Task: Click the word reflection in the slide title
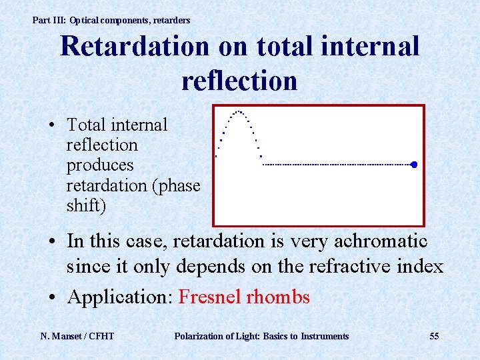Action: click(239, 81)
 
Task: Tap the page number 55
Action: click(434, 336)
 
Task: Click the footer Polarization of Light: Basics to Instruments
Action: click(261, 336)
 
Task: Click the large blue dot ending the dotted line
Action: click(414, 164)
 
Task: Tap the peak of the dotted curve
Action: click(239, 111)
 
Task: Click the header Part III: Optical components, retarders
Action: click(111, 21)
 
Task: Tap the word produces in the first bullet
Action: click(100, 165)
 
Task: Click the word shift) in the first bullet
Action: click(86, 206)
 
